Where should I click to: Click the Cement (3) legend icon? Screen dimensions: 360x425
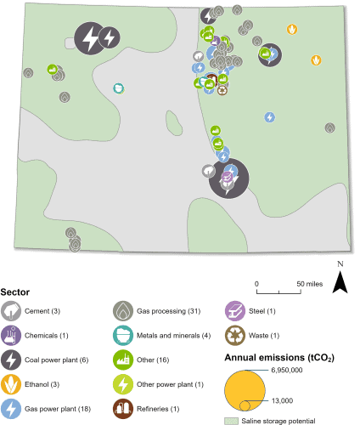(x=11, y=311)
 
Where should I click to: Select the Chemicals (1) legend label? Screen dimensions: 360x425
(x=47, y=336)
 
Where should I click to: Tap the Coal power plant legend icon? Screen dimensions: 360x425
(x=11, y=360)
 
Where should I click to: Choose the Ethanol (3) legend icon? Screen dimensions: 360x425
(x=11, y=384)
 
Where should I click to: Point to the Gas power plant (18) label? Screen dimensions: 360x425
(x=58, y=409)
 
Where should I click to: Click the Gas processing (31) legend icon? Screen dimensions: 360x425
(x=123, y=311)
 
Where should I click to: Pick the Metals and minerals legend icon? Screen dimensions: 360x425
(x=123, y=336)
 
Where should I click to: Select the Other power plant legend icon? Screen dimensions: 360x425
(x=123, y=384)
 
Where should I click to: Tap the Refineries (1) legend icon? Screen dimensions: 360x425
(x=123, y=409)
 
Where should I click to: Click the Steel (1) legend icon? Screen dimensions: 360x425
(x=235, y=311)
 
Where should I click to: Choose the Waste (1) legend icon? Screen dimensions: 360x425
(x=235, y=336)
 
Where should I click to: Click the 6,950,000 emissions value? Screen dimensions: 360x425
(x=287, y=370)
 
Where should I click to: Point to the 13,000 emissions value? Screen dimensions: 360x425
(x=282, y=400)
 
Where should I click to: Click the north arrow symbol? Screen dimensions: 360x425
(x=340, y=282)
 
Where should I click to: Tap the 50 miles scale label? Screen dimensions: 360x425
(x=310, y=284)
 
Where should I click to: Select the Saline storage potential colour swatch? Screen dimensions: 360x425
(x=231, y=421)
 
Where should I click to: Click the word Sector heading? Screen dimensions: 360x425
(x=15, y=292)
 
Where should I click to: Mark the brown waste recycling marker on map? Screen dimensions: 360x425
(x=222, y=90)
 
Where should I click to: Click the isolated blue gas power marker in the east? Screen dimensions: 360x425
(x=270, y=117)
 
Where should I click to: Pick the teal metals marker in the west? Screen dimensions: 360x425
(x=119, y=88)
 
